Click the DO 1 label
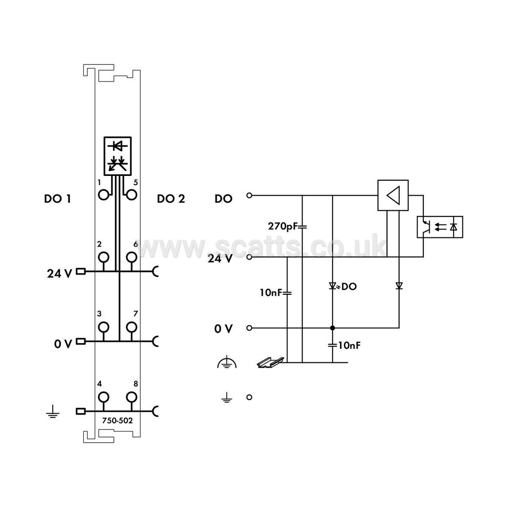(57, 199)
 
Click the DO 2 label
(171, 199)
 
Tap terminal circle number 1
(104, 195)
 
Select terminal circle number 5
(131, 195)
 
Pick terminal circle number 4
(104, 397)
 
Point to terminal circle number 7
(131, 327)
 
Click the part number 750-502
(117, 421)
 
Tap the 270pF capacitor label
(283, 226)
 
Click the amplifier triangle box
(393, 195)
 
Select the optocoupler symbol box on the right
(440, 227)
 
